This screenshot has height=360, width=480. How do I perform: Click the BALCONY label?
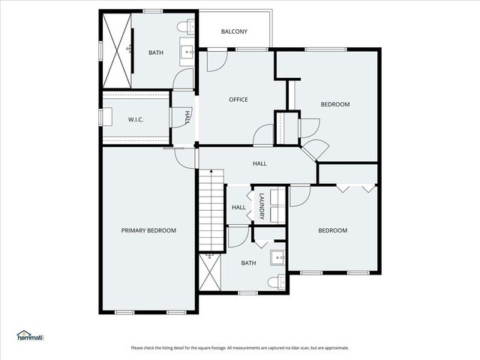pyautogui.click(x=234, y=31)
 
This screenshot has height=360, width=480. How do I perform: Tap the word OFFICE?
pyautogui.click(x=238, y=100)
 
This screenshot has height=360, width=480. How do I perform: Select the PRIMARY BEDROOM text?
pyautogui.click(x=148, y=230)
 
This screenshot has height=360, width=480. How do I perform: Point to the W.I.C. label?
pyautogui.click(x=136, y=119)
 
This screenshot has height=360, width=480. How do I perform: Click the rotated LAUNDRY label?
pyautogui.click(x=262, y=206)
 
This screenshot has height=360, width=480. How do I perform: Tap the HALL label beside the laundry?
pyautogui.click(x=238, y=208)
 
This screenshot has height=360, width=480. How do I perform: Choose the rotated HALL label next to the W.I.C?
pyautogui.click(x=187, y=117)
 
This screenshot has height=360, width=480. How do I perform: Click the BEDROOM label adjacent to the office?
pyautogui.click(x=335, y=104)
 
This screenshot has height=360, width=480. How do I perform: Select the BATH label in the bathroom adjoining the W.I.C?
pyautogui.click(x=155, y=52)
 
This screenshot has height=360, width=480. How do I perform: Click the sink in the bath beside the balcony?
pyautogui.click(x=186, y=52)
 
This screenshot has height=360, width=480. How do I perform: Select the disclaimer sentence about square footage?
pyautogui.click(x=239, y=347)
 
